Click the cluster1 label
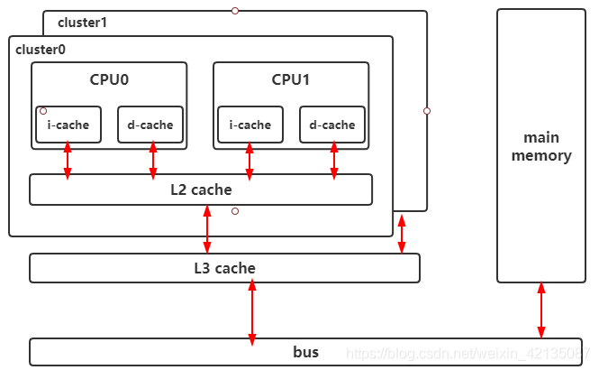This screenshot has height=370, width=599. [x=82, y=22]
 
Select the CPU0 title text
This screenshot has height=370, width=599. [x=109, y=79]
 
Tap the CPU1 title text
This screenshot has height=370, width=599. [x=291, y=79]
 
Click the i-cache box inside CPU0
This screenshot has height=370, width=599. [x=68, y=125]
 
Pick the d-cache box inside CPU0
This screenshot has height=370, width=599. [x=150, y=125]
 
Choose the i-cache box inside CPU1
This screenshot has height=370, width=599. [x=250, y=125]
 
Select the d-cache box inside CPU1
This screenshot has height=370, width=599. [x=332, y=125]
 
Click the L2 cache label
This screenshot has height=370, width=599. [x=201, y=190]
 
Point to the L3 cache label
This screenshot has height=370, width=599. [x=224, y=268]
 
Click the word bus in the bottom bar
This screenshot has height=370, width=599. [x=305, y=351]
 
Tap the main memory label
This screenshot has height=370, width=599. [x=541, y=146]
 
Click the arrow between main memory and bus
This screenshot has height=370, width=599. [x=541, y=310]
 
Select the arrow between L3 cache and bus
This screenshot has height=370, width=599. [x=252, y=310]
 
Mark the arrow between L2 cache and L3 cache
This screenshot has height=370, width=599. [x=207, y=229]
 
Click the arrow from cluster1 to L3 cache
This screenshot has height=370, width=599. [x=402, y=233]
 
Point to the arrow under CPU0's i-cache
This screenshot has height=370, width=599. [x=68, y=160]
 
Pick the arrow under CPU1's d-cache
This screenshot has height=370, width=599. [x=334, y=160]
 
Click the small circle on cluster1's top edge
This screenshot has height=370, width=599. [x=235, y=11]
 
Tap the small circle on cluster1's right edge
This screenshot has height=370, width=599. [x=427, y=111]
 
